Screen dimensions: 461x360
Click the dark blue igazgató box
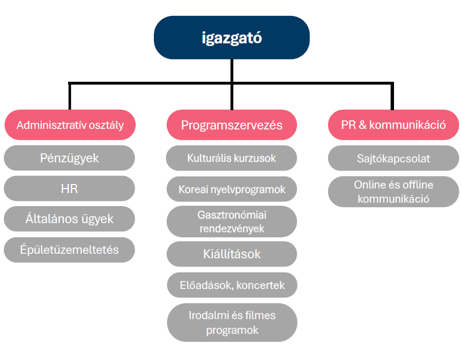tap(232, 37)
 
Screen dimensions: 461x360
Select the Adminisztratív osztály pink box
tap(70, 125)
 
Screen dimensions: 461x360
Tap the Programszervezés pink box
tap(232, 125)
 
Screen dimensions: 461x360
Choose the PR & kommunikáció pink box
tap(393, 125)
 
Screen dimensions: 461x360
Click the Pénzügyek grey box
tap(69, 158)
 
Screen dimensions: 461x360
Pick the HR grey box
tap(69, 189)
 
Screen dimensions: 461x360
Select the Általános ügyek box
tap(69, 219)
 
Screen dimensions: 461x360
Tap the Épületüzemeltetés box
tap(69, 250)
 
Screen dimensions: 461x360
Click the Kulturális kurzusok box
tap(232, 158)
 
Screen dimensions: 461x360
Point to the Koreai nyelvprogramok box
tap(232, 189)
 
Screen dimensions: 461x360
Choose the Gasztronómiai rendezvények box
tap(232, 221)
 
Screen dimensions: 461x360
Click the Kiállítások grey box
tap(232, 254)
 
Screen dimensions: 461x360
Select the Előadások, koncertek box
tap(232, 285)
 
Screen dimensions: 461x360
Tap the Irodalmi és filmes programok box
tap(232, 323)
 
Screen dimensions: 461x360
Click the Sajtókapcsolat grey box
tap(393, 158)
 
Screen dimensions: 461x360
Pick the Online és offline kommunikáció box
tap(393, 191)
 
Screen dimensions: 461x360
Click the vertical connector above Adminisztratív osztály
tap(70, 97)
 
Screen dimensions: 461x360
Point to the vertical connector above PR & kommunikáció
tap(392, 97)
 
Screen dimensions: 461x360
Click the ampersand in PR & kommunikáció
tap(363, 125)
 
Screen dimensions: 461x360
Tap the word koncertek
tap(261, 285)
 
